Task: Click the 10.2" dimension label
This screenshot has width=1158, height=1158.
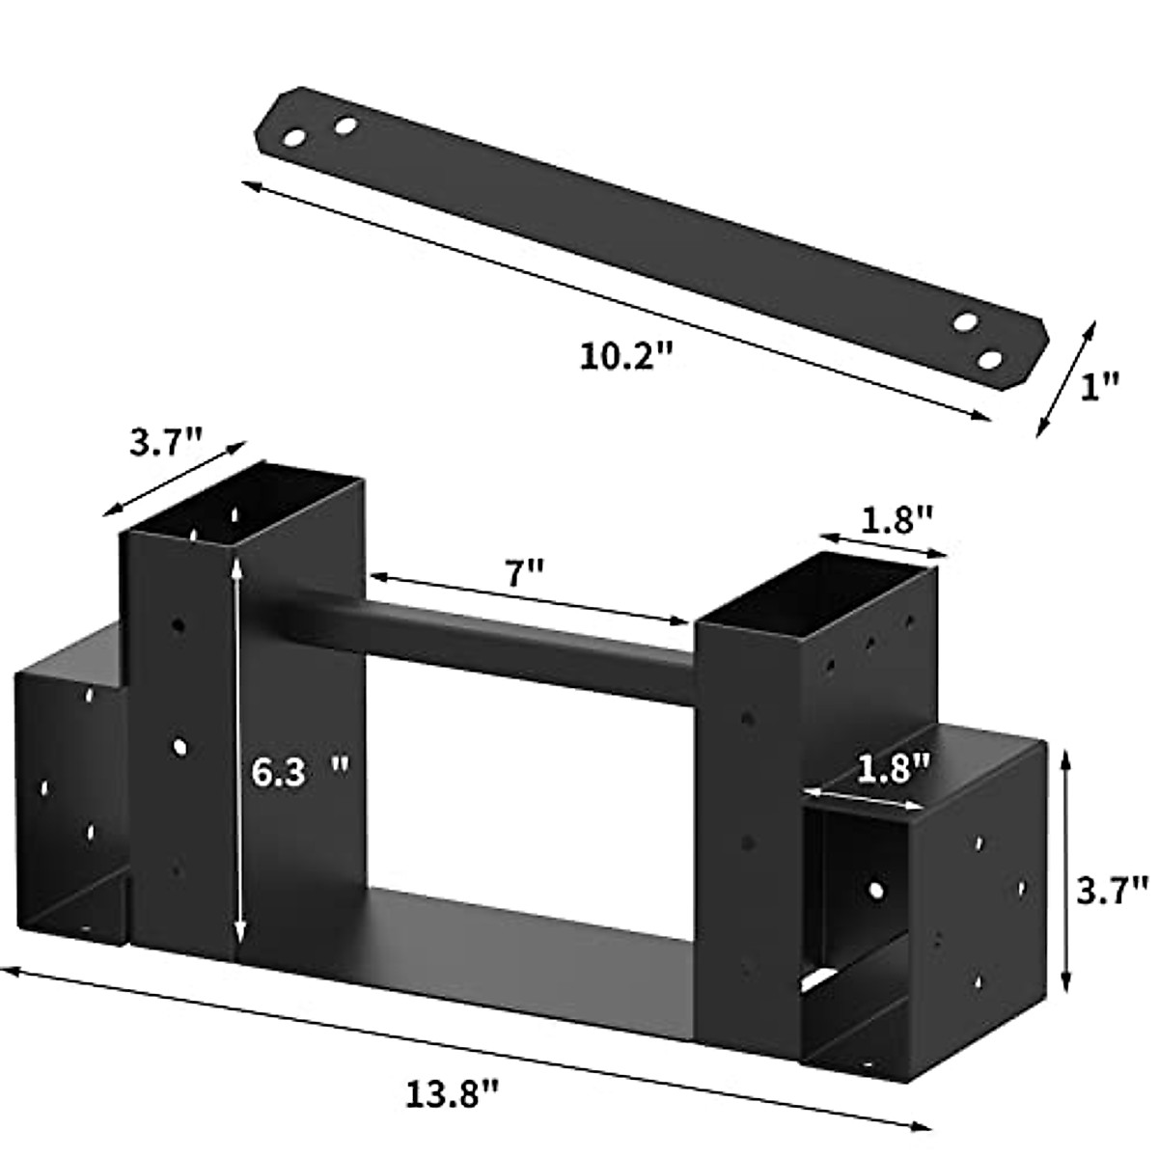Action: pyautogui.click(x=624, y=356)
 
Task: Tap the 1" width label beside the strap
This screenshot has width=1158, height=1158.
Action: pyautogui.click(x=1100, y=386)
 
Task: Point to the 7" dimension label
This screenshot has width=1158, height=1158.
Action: pyautogui.click(x=523, y=572)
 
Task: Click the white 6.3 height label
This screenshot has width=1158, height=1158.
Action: pyautogui.click(x=278, y=772)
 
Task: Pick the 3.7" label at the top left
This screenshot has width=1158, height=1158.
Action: pyautogui.click(x=166, y=443)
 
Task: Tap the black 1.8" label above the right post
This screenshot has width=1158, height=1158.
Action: pyautogui.click(x=896, y=520)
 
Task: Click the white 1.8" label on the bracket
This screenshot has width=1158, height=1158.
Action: pyautogui.click(x=893, y=770)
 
